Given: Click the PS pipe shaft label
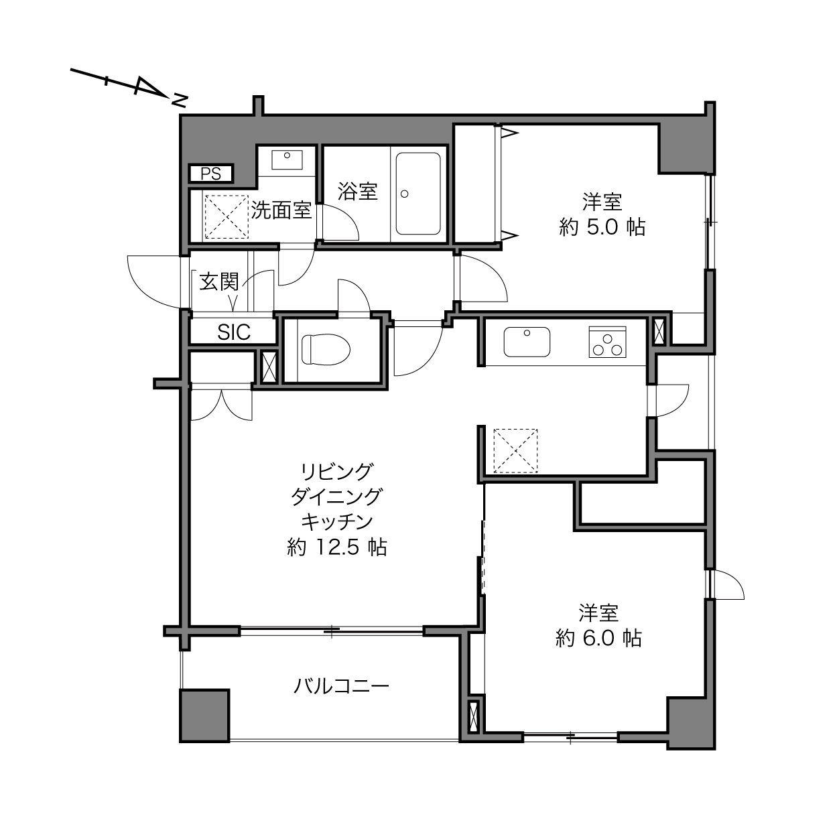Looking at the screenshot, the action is [210, 174].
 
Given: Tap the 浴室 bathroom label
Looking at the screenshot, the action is [357, 191].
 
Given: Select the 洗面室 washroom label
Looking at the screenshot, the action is [281, 210].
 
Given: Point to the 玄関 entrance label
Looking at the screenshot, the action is [219, 281].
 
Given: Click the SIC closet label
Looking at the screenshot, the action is [234, 332].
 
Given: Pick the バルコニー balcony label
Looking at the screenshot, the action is [341, 687].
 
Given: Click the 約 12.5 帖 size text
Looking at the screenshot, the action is [337, 547].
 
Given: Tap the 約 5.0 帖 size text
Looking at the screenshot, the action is [602, 227].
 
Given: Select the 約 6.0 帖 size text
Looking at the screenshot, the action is [598, 638].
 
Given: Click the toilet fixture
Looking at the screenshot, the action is [326, 349].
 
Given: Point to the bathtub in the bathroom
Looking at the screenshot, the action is [417, 193].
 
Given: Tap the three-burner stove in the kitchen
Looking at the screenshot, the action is [607, 342].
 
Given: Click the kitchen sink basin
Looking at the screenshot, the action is [527, 342].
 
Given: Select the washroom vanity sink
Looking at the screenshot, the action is [287, 159].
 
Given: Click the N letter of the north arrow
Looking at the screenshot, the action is [180, 100].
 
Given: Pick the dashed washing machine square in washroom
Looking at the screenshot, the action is [227, 216].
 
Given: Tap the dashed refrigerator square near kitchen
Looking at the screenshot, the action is [515, 450].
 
